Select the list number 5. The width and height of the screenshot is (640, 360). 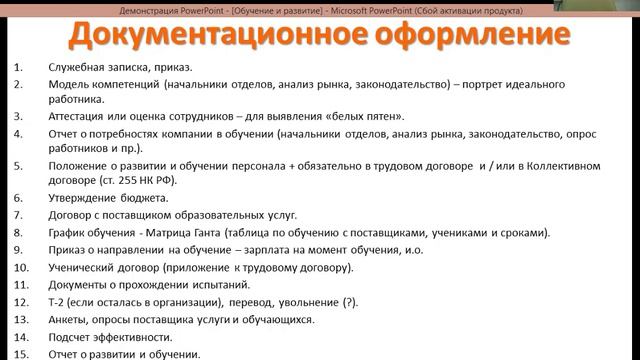tap(19, 162)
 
